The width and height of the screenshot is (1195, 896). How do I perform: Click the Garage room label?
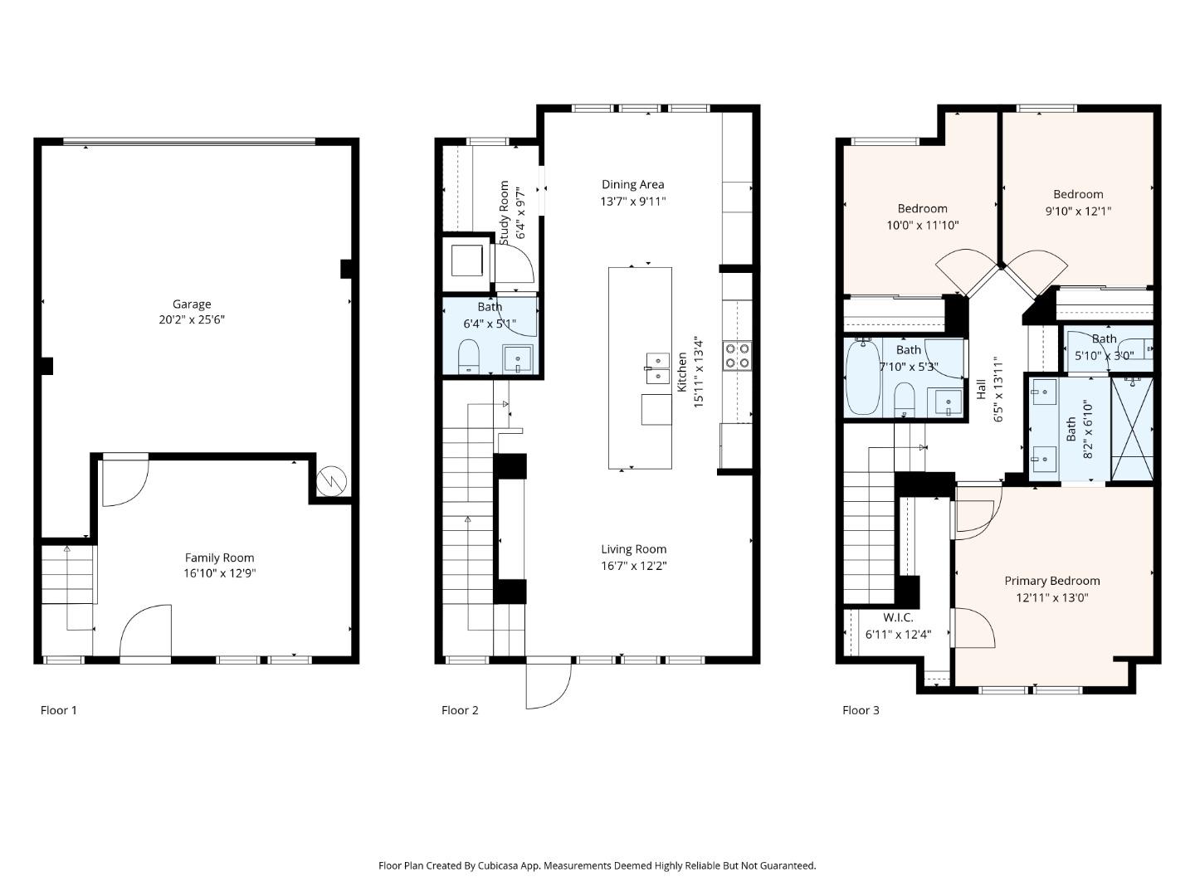point(192,304)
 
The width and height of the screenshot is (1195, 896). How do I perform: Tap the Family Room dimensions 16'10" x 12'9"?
point(220,573)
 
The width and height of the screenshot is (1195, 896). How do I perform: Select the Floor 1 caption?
point(59,710)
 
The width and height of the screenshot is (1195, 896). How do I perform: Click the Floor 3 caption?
point(861,710)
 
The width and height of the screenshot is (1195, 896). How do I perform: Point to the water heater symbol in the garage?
point(334,480)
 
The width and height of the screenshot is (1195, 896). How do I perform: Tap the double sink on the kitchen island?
point(657,368)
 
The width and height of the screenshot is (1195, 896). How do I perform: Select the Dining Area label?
point(632,185)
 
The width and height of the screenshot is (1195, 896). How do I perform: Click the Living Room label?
point(633,549)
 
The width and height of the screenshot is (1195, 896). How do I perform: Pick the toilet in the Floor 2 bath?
point(470,356)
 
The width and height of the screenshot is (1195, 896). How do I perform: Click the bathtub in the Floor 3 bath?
point(863,377)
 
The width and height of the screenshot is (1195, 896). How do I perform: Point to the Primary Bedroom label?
point(1051,581)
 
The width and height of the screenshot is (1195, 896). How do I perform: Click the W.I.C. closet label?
point(898,618)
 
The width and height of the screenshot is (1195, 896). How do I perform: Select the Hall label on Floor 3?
point(981,390)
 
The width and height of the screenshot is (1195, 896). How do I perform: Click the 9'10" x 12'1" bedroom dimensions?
point(1078,211)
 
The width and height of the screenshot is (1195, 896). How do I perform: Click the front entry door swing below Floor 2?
point(548,684)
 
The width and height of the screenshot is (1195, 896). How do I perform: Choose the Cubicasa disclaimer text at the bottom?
point(597,865)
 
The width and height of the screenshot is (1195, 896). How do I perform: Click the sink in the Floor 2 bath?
point(518,359)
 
